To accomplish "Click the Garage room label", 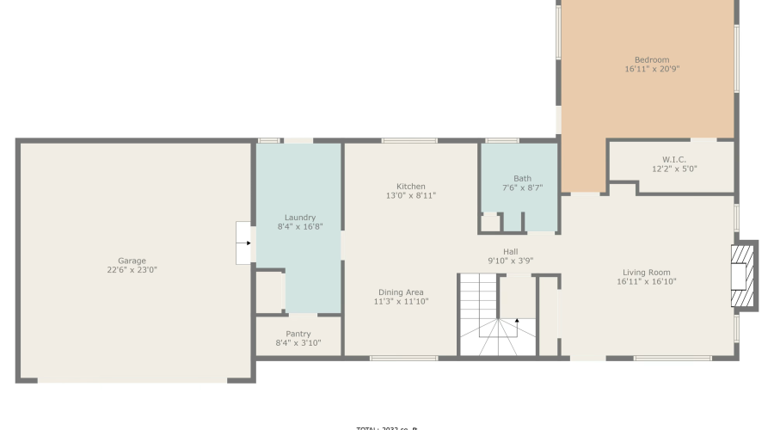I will tap(132, 261).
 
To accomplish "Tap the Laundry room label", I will tap(299, 218).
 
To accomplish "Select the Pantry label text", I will tap(298, 334).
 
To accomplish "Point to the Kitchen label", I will tap(410, 187).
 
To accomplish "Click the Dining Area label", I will tap(400, 292).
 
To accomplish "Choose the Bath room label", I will tap(522, 179).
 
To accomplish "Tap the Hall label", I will tap(510, 252).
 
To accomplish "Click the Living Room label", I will tap(646, 273).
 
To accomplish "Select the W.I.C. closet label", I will tap(673, 159).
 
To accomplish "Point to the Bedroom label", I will tap(652, 59).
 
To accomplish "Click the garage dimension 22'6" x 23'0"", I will tap(132, 270).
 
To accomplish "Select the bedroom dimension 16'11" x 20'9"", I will tap(652, 69).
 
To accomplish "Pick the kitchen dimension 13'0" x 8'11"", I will tap(410, 196).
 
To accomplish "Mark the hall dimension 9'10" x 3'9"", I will tap(510, 261).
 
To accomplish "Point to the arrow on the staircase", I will tap(517, 321).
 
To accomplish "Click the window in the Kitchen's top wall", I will tap(409, 140).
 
